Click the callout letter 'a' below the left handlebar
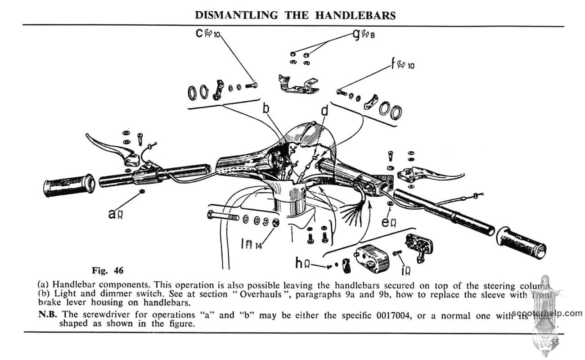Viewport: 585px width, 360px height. tap(112, 214)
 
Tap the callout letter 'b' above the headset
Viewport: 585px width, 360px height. tap(265, 108)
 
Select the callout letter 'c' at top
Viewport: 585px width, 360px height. tap(199, 33)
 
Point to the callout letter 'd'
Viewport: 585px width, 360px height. tap(324, 110)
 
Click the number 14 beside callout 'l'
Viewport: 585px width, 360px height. tap(258, 246)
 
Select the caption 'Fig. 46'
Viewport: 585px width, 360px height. tap(107, 270)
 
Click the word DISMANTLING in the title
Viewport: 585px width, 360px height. tap(236, 15)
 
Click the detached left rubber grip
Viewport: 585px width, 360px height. tap(69, 185)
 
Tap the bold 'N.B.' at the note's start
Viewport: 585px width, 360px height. tap(48, 315)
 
